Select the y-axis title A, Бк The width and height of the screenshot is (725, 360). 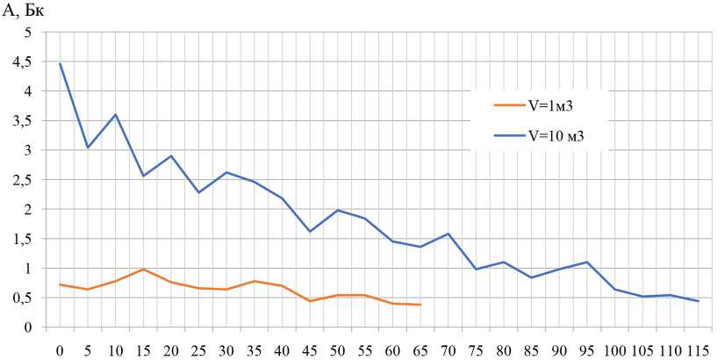tap(24, 11)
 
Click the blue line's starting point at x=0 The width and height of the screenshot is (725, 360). tap(60, 63)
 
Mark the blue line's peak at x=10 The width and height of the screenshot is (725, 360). tap(115, 114)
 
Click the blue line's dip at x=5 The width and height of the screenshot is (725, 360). tap(88, 148)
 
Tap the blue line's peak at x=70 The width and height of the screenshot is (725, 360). tap(448, 234)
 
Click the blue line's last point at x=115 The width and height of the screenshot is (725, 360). tap(698, 301)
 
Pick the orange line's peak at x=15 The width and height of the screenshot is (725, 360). tap(143, 269)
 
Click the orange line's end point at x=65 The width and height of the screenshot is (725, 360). tap(420, 305)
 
